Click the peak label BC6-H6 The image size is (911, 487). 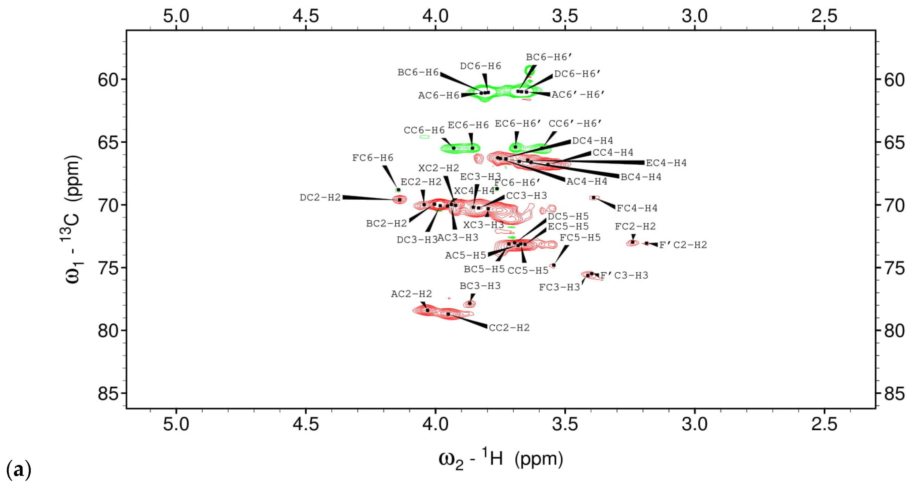[x=418, y=72]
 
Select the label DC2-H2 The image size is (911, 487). [x=320, y=198]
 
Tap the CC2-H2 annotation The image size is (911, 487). [x=509, y=328]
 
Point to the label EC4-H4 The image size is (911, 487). [x=666, y=163]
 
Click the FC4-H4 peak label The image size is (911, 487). [x=637, y=208]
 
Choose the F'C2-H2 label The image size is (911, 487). [x=683, y=245]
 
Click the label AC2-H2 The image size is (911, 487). [x=411, y=294]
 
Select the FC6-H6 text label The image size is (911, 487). [x=372, y=158]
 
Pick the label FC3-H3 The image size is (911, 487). [x=559, y=287]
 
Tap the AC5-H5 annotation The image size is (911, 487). [x=465, y=255]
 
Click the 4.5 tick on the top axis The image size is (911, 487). [x=305, y=16]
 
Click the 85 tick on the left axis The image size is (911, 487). [x=108, y=393]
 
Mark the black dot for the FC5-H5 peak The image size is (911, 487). [x=554, y=265]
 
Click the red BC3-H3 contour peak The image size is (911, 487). [x=470, y=304]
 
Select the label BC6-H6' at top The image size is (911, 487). [x=549, y=57]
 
